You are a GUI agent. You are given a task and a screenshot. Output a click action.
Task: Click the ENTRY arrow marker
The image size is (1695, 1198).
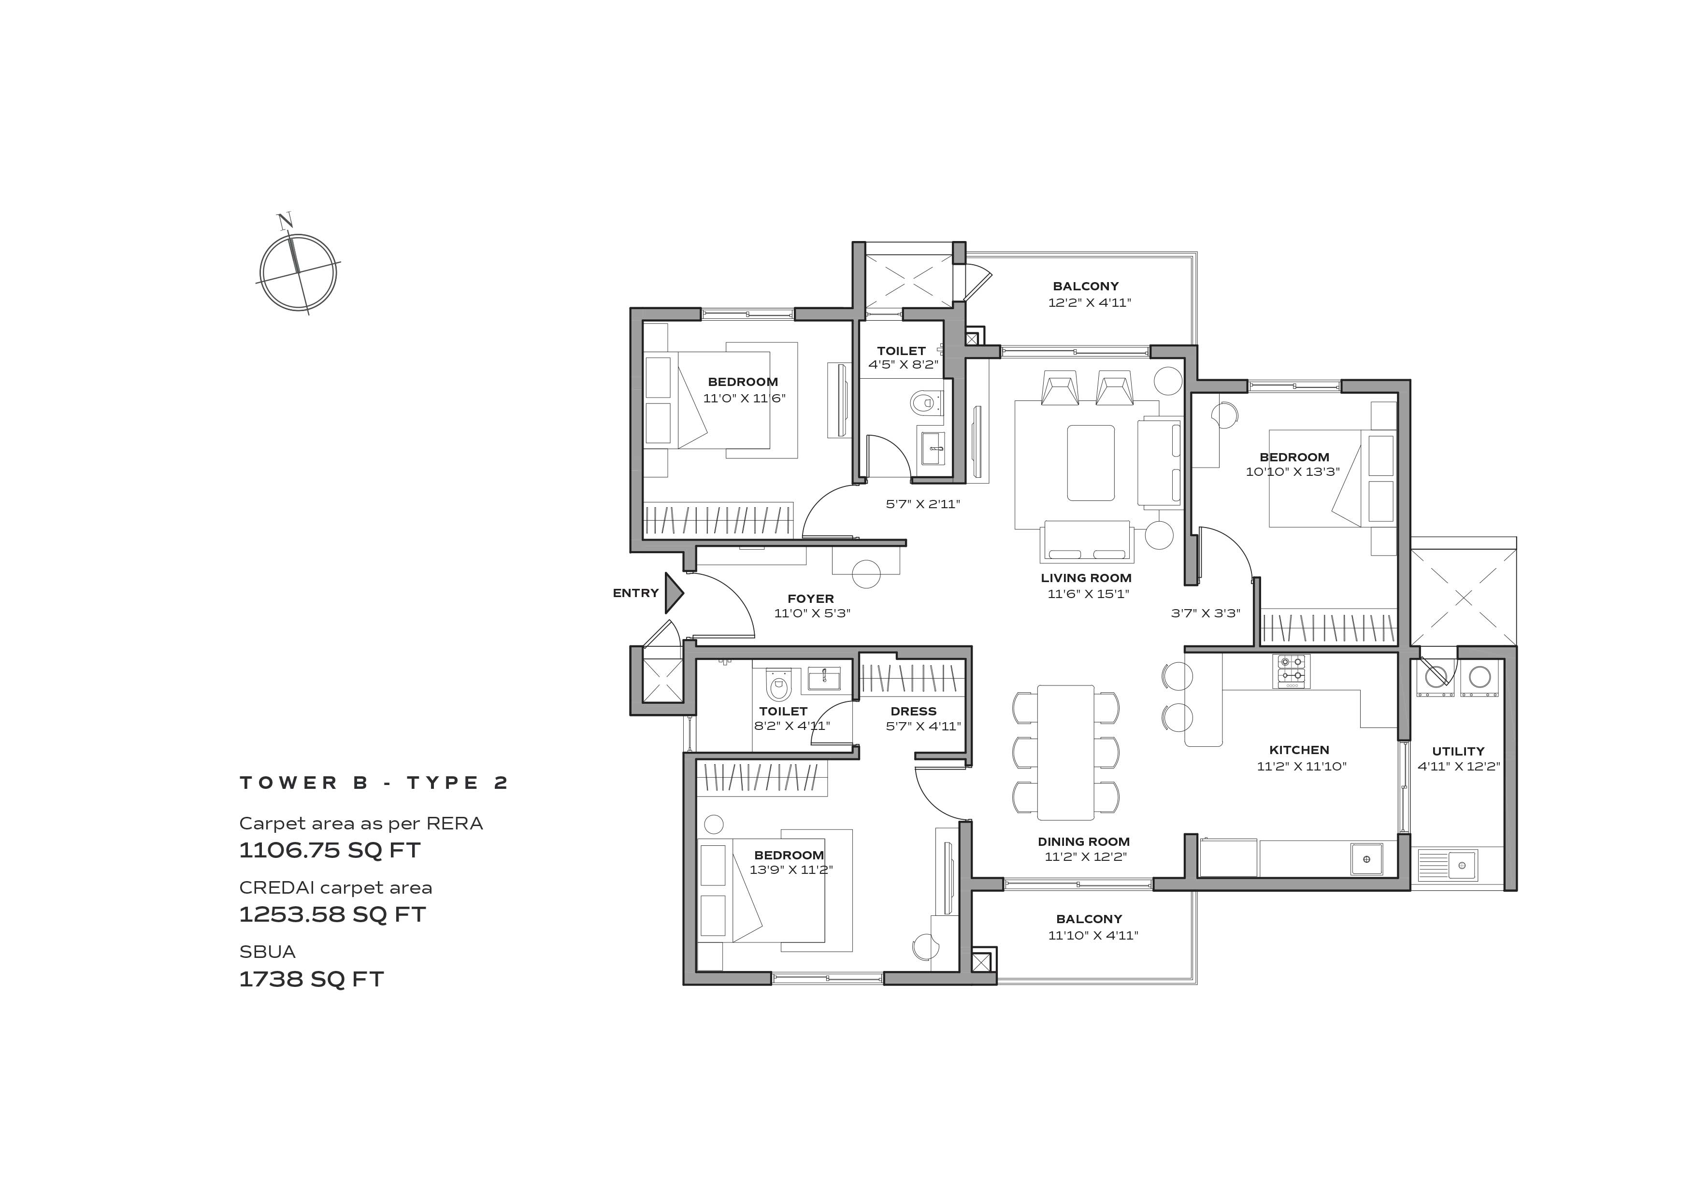pos(673,593)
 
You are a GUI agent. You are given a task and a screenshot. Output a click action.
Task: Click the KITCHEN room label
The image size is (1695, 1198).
pos(1299,750)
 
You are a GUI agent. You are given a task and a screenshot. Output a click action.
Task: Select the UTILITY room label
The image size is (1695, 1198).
pos(1458,752)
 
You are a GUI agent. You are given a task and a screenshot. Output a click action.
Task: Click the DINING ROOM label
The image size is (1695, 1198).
pos(1084,841)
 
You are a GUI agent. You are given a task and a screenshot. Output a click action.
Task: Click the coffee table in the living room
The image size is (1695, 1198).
pos(1091,463)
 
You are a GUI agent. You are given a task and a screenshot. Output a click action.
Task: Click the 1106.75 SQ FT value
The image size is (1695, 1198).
pos(329,850)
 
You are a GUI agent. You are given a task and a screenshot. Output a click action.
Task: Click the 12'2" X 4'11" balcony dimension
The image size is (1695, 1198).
pos(1090,302)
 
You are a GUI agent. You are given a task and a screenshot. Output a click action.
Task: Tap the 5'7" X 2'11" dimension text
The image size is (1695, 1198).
pos(923,504)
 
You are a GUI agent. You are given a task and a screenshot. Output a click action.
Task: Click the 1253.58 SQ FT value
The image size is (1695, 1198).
pos(332,914)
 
